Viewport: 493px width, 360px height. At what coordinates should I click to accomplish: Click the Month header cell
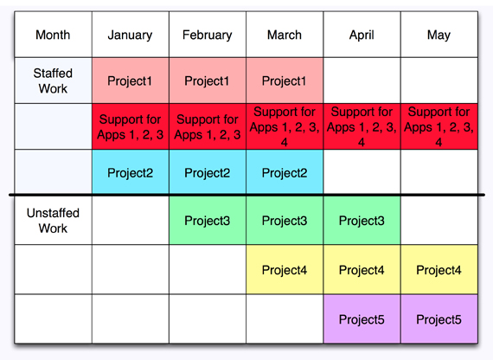coord(53,35)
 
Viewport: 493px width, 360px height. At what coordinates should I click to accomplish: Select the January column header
coord(130,35)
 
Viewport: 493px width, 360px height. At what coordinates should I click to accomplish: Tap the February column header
coord(208,35)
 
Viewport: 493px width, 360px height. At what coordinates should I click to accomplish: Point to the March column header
coord(285,35)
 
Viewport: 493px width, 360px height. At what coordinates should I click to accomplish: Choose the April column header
coord(362,35)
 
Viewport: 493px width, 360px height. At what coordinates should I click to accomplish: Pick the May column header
coord(439,35)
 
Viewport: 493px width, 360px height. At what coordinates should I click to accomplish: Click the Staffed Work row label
coord(53,80)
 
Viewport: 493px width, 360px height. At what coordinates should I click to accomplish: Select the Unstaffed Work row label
coord(53,221)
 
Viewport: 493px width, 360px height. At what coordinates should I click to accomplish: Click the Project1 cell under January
coord(130,80)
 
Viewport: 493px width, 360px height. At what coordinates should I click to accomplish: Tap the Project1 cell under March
coord(285,80)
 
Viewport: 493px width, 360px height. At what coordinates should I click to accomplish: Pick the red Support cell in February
coord(208,126)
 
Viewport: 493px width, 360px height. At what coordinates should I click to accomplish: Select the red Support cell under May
coord(439,126)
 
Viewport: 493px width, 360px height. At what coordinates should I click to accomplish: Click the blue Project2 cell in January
coord(130,172)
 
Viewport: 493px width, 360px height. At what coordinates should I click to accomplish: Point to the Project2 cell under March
coord(285,172)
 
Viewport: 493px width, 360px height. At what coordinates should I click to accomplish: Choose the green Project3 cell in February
coord(208,221)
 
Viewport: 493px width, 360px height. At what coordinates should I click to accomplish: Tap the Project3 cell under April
coord(362,221)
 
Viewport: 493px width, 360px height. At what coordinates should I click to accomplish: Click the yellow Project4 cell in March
coord(285,270)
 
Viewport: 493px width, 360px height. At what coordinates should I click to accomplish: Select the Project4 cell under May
coord(439,270)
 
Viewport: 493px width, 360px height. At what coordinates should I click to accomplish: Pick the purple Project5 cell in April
coord(362,319)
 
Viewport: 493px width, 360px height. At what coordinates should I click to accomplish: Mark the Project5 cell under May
coord(439,319)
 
